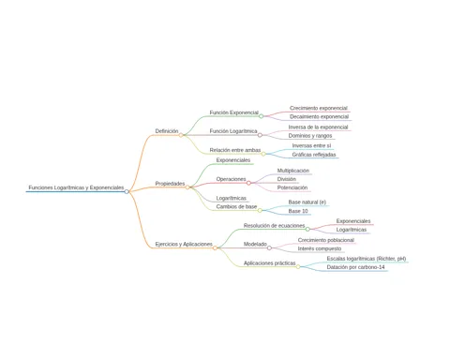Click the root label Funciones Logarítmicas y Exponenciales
[x=76, y=187]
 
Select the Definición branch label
[x=167, y=131]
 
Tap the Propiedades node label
[x=170, y=184]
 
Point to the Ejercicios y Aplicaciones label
[x=184, y=244]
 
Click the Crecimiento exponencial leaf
[x=319, y=108]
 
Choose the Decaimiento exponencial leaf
[x=319, y=116]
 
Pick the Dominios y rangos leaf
[x=310, y=136]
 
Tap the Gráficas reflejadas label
[x=314, y=155]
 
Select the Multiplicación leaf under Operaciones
[x=293, y=171]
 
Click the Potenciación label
[x=292, y=187]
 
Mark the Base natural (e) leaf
[x=307, y=202]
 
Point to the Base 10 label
[x=298, y=211]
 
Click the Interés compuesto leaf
[x=320, y=248]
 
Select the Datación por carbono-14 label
[x=355, y=267]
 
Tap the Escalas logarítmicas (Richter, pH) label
[x=367, y=259]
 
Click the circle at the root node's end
[x=127, y=191]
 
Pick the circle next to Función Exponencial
[x=262, y=116]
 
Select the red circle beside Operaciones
[x=248, y=183]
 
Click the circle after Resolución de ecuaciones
[x=307, y=230]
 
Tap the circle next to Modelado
[x=269, y=248]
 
